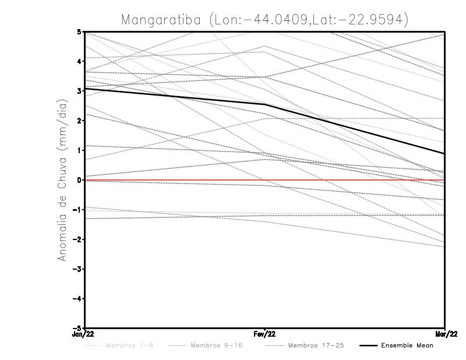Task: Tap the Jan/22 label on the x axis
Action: (x=85, y=334)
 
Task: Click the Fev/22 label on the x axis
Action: (x=265, y=334)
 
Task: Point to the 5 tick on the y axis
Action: (x=79, y=32)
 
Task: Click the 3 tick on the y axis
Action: (x=79, y=91)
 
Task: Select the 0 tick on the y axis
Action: (x=79, y=180)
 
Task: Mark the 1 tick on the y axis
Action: (x=79, y=150)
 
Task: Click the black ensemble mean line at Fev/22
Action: (x=265, y=105)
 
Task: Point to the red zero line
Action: (x=175, y=180)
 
